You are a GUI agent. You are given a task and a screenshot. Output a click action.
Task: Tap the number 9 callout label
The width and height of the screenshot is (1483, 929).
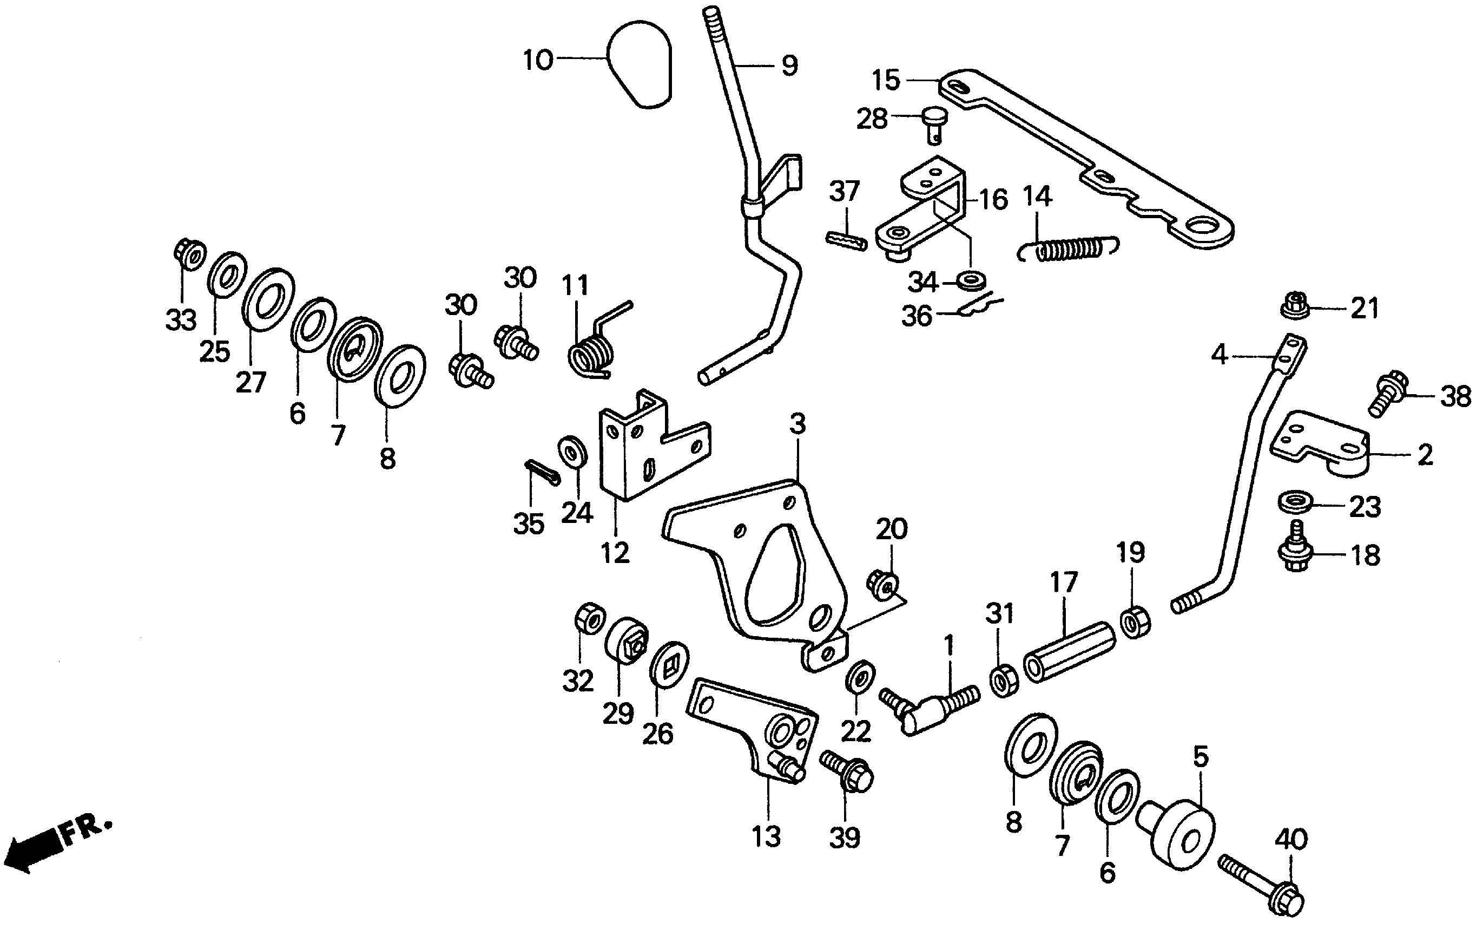pyautogui.click(x=790, y=66)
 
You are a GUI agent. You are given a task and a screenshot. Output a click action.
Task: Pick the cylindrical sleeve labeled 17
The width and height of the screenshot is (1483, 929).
pyautogui.click(x=1069, y=652)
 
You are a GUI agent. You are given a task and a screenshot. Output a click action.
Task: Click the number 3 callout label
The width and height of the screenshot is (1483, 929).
pyautogui.click(x=797, y=424)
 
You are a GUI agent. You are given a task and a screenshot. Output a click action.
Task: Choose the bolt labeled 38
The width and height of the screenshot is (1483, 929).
pyautogui.click(x=1387, y=393)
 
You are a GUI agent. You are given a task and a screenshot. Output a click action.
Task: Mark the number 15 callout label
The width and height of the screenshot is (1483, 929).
pyautogui.click(x=886, y=81)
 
